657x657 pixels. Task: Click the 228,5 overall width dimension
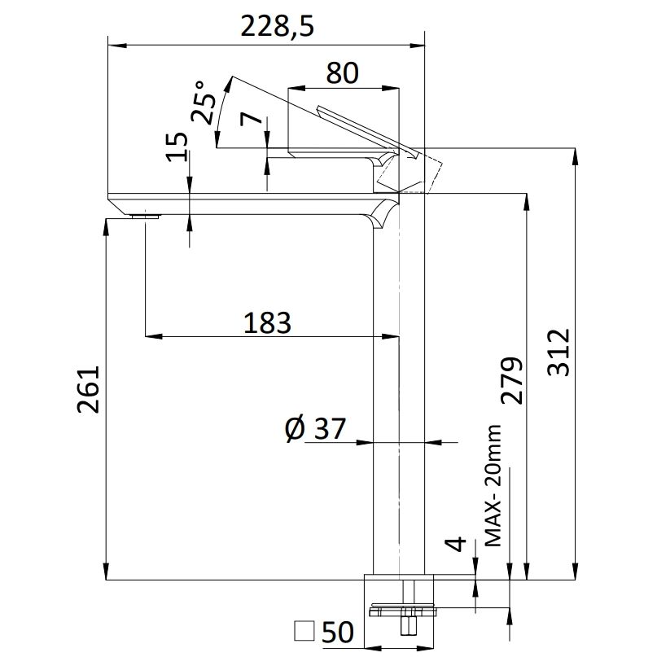coord(277,27)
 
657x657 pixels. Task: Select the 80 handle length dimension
coord(342,73)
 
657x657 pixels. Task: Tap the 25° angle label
coord(204,103)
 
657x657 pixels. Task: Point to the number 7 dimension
coord(252,119)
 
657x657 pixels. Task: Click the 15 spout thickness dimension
coord(177,147)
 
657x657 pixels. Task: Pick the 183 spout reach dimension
coord(267,323)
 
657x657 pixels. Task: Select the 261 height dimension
coord(89,390)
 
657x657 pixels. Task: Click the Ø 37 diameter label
coord(315,429)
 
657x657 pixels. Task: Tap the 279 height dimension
coord(512,380)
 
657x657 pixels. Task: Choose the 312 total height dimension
coord(559,353)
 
